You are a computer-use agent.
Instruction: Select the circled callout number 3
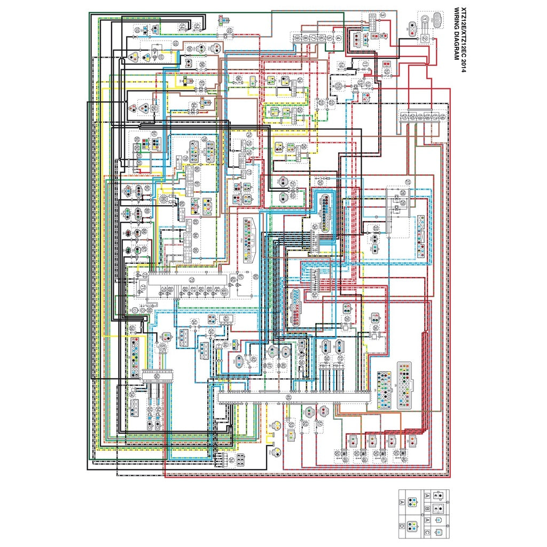coord(384,14)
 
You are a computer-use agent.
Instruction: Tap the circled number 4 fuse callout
coord(338,38)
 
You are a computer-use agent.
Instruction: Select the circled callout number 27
coord(408,182)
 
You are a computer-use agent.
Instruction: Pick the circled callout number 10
coord(386,71)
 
